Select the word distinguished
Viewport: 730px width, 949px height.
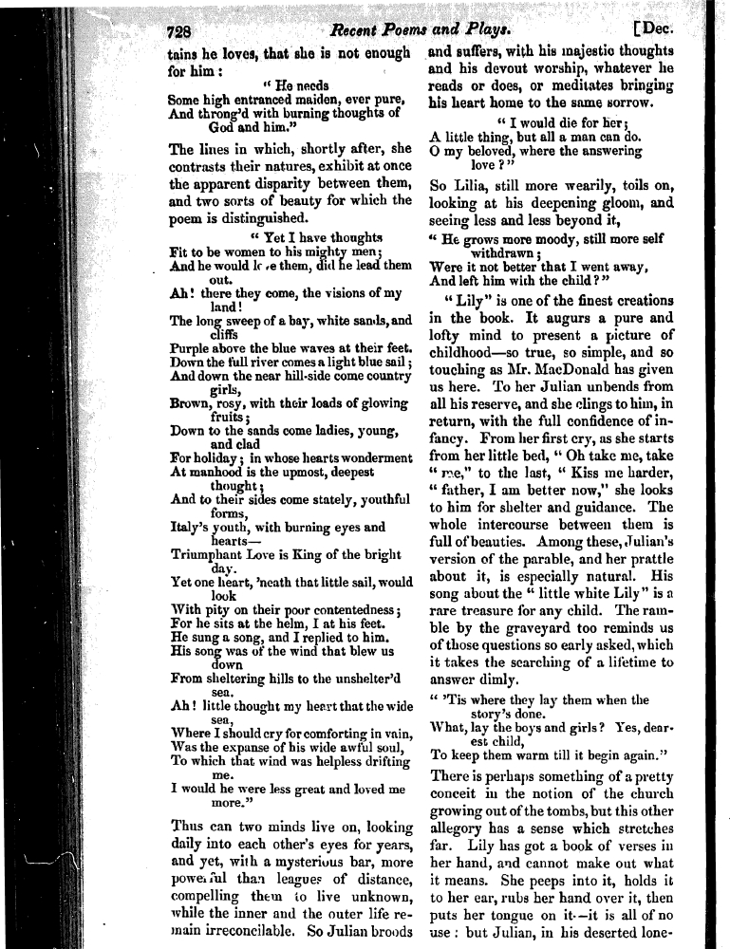pyautogui.click(x=251, y=217)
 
